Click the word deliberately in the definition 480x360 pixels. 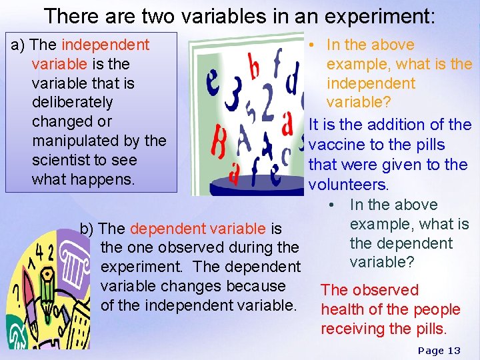tap(72, 103)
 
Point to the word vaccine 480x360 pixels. tap(337, 145)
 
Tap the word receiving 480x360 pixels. tap(351, 329)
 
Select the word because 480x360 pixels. tap(255, 287)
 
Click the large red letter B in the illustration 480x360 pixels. tap(219, 144)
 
